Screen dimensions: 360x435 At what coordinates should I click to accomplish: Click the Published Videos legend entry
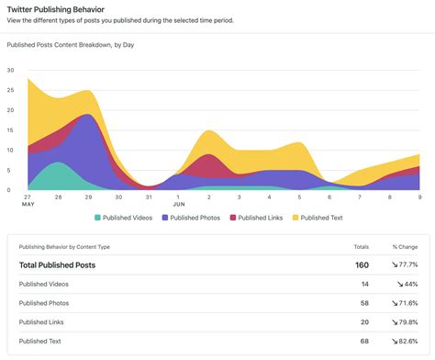click(x=127, y=218)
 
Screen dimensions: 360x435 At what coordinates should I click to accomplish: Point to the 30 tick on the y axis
click(x=10, y=70)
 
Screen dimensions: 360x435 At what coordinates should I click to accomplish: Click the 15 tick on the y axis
click(x=10, y=129)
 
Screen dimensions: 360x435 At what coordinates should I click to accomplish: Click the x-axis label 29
click(x=88, y=197)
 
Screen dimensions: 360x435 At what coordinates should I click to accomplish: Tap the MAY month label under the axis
click(x=29, y=205)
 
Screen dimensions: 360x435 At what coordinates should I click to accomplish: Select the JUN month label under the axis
click(x=179, y=205)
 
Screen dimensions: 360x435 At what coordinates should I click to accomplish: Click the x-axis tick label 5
click(x=299, y=197)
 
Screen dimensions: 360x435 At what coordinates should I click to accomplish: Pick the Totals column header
click(x=361, y=247)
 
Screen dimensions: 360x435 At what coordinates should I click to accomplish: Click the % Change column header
click(x=404, y=247)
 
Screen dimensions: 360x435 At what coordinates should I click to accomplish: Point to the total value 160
click(x=362, y=265)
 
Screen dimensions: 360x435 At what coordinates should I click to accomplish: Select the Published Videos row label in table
click(x=43, y=284)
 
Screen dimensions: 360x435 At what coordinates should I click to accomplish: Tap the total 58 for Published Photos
click(x=363, y=302)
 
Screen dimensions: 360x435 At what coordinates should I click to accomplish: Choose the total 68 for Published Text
click(x=363, y=341)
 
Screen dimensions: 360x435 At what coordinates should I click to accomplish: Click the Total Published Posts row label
click(x=57, y=265)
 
